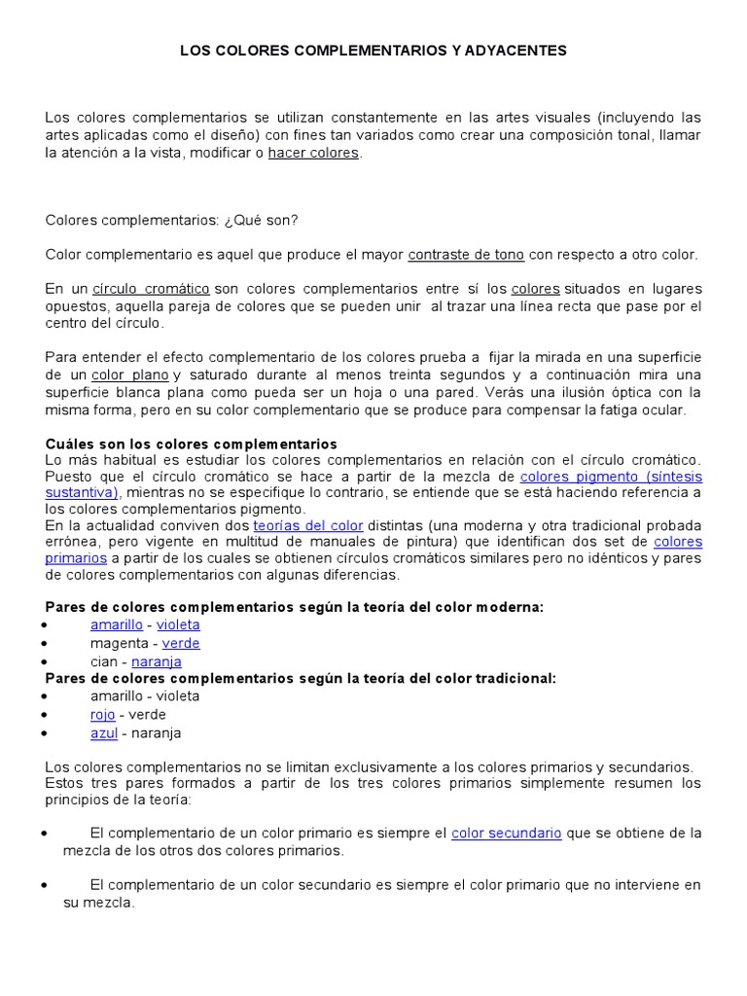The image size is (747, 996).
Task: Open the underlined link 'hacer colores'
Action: click(x=313, y=153)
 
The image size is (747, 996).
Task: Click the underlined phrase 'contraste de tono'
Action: click(x=466, y=255)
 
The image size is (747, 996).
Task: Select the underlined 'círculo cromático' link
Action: click(x=151, y=289)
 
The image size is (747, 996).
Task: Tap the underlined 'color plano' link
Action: click(x=130, y=375)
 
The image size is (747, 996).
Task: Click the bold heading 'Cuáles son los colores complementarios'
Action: click(x=191, y=444)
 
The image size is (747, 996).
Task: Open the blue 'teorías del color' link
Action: click(x=307, y=525)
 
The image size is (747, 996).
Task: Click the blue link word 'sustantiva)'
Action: click(x=82, y=492)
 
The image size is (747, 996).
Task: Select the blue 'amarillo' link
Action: click(x=116, y=625)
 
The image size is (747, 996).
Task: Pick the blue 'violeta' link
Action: click(x=178, y=625)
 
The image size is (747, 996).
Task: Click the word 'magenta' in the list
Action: click(x=119, y=643)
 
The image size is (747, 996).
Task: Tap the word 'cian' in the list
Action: click(x=105, y=661)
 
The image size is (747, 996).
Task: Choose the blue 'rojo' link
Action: click(x=102, y=715)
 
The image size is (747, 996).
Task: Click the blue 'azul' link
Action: click(x=104, y=733)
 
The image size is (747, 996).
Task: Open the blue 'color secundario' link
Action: click(x=506, y=834)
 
